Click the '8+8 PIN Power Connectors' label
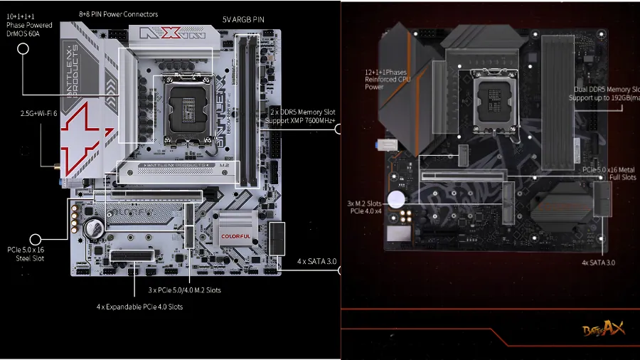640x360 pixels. [x=117, y=14]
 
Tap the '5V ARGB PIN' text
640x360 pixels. [x=243, y=20]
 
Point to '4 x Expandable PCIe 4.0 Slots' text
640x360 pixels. [x=139, y=307]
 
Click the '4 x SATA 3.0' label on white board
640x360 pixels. [x=316, y=262]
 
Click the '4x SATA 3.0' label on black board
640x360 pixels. [x=597, y=263]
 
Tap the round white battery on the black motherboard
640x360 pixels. [x=395, y=198]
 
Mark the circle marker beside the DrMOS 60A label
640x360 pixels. [x=23, y=48]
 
